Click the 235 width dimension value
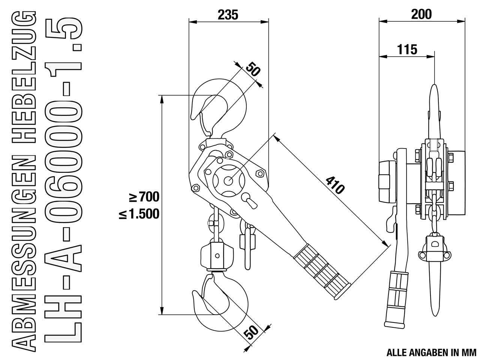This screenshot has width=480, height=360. click(x=228, y=15)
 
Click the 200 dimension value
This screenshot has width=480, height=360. click(x=421, y=14)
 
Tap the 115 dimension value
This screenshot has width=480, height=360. click(x=407, y=49)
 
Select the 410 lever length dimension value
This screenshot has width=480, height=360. click(x=335, y=185)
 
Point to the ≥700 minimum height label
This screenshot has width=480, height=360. click(x=144, y=197)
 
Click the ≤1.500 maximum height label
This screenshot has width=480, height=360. click(x=139, y=214)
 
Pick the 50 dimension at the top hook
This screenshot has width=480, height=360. click(x=253, y=69)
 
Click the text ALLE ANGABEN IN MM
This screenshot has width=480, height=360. click(x=432, y=352)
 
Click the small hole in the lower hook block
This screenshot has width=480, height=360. click(x=217, y=255)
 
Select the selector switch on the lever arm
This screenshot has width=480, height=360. click(x=249, y=201)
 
